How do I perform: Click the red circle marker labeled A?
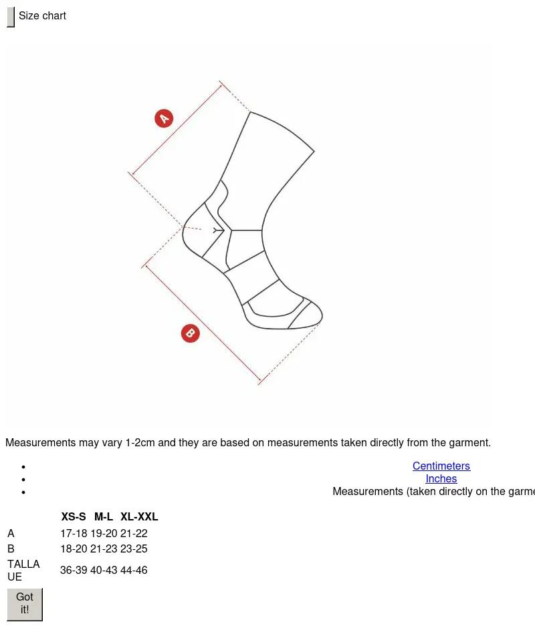click(x=164, y=118)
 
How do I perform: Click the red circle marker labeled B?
click(x=191, y=333)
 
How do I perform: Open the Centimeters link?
click(x=441, y=466)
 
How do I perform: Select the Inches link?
click(x=441, y=478)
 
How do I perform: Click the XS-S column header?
click(x=74, y=516)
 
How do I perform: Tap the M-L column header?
click(x=104, y=516)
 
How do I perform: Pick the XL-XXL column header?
click(x=139, y=516)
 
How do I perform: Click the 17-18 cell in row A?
click(x=74, y=534)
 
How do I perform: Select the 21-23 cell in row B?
click(x=104, y=548)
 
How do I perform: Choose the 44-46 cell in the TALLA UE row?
click(x=134, y=570)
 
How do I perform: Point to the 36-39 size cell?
click(x=74, y=570)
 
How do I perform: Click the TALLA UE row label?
click(x=23, y=571)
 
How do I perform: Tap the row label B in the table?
click(x=11, y=548)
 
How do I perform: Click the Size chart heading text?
click(x=43, y=15)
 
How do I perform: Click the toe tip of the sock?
click(x=322, y=317)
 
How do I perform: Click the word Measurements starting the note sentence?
click(x=41, y=442)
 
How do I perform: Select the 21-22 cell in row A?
click(x=134, y=534)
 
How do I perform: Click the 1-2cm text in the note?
click(x=140, y=442)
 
